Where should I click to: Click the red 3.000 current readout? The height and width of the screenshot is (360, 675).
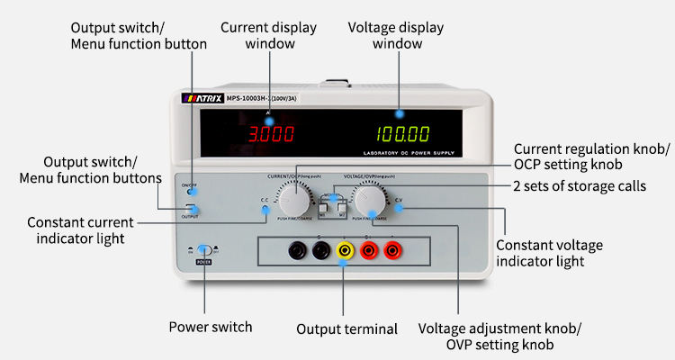pyautogui.click(x=271, y=135)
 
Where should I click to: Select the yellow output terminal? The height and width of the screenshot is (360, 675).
pyautogui.click(x=344, y=249)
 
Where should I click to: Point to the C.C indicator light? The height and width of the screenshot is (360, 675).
pyautogui.click(x=265, y=210)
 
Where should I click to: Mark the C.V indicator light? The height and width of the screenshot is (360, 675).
pyautogui.click(x=399, y=208)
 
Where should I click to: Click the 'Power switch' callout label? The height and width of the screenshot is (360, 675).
pyautogui.click(x=211, y=327)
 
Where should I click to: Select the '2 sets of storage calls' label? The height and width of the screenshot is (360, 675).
pyautogui.click(x=580, y=187)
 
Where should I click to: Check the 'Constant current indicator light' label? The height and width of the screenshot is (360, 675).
pyautogui.click(x=80, y=229)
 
